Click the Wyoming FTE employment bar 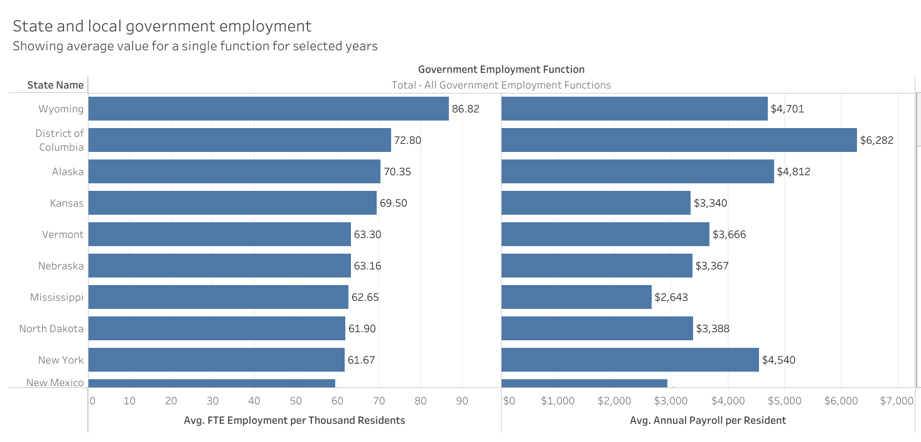[x=268, y=109]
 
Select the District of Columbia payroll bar [x=679, y=140]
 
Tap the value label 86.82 [x=465, y=109]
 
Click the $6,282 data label [x=876, y=140]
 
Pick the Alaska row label [x=68, y=171]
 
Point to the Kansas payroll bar [x=596, y=203]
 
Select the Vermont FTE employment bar [x=219, y=234]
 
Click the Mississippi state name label [x=57, y=297]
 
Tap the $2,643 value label [x=671, y=297]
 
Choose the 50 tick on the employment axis [x=295, y=401]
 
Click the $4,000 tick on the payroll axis [x=728, y=401]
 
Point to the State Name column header [x=55, y=85]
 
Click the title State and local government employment [x=162, y=26]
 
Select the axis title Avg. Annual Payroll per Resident [x=708, y=420]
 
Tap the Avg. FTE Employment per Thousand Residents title [x=294, y=420]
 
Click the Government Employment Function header [x=501, y=69]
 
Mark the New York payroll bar [x=630, y=360]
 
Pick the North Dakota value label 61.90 [x=362, y=328]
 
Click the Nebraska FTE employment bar [x=219, y=266]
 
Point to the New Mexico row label [x=55, y=382]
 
